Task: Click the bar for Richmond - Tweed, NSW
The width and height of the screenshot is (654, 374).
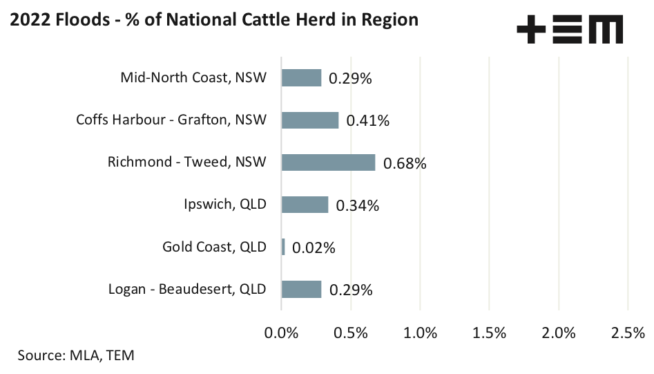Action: pos(328,162)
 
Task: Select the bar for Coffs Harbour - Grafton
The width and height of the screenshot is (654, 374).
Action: pos(310,120)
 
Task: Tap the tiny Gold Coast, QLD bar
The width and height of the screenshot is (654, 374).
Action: pos(283,247)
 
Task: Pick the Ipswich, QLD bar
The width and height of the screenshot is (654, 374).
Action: pos(305,205)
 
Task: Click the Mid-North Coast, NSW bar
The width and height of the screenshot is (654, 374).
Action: pos(301,77)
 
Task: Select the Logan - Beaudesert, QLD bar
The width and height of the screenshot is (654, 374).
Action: pos(301,289)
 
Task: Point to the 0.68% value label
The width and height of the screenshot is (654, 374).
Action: pos(405,164)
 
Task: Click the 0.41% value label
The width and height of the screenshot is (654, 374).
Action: pos(368,121)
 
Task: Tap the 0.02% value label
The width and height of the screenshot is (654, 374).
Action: pos(314,247)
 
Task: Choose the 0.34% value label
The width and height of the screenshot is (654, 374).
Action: pos(357,206)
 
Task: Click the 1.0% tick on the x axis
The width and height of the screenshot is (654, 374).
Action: pos(420,333)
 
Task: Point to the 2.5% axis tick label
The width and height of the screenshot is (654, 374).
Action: pos(628,333)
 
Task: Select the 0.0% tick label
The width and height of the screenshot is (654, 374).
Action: pos(281,333)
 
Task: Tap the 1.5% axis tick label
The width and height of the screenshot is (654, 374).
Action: pos(489,333)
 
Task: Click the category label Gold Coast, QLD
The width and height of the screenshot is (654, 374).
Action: pos(214,247)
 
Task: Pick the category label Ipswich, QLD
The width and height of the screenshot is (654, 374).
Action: pos(224,205)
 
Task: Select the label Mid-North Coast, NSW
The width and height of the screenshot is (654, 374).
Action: pos(193,77)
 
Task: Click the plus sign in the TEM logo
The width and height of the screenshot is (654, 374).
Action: pos(532,30)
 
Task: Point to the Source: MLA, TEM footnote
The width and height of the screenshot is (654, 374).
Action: pos(76,356)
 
